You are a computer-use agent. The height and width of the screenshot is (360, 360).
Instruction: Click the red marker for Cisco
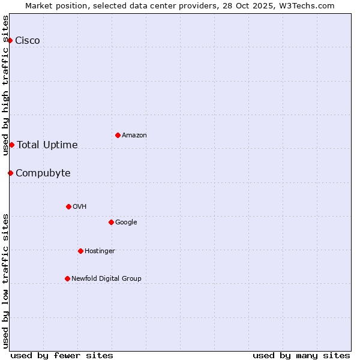pos(10,40)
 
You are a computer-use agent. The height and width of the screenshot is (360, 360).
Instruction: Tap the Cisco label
pos(28,41)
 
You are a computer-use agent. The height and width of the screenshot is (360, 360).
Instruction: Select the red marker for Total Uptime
pos(11,145)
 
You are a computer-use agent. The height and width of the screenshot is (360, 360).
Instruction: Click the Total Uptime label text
pos(47,145)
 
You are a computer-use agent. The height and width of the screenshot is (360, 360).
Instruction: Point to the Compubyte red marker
pos(10,173)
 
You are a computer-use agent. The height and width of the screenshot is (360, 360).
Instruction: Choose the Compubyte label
pos(43,173)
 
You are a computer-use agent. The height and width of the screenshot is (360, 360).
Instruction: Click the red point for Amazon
pos(118,135)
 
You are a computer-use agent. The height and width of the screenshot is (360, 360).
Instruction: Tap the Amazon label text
pos(134,136)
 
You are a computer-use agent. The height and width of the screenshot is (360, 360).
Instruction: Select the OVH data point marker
pos(68,206)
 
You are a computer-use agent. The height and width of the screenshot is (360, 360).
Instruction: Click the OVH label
pos(79,207)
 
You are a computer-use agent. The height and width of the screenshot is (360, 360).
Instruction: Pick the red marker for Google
pos(111,222)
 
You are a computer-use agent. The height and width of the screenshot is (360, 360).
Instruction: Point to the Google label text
pos(126,223)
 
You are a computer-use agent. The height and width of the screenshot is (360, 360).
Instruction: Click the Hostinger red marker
pos(80,251)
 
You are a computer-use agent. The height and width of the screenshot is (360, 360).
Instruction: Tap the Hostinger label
pos(100,251)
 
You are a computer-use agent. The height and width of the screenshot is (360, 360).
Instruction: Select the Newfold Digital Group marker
pos(67,278)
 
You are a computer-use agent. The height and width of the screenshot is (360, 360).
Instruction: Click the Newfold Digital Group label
pos(106,279)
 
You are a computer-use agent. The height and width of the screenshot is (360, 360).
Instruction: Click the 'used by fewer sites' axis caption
pos(62,355)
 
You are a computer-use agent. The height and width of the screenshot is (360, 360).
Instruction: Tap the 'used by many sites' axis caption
pos(301,355)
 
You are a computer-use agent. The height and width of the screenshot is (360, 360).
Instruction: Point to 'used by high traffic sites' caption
pos(5,85)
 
